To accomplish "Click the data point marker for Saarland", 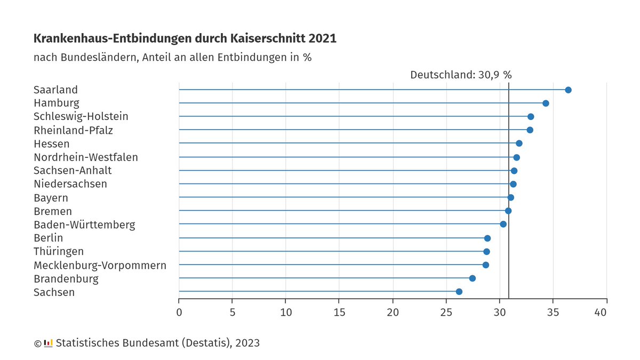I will click(568, 90).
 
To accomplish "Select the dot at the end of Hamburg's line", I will click(546, 103).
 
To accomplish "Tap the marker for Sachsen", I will click(459, 292).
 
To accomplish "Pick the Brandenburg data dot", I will click(472, 278).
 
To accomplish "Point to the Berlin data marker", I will click(487, 238).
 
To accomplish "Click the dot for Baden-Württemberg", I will click(503, 224).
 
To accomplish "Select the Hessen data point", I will click(519, 143).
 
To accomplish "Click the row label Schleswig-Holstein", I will click(81, 116).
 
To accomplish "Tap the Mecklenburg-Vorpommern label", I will click(100, 265).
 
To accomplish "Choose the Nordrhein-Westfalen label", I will click(85, 157).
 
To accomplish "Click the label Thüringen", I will click(58, 251).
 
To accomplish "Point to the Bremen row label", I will click(52, 211).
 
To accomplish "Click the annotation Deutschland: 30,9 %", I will click(460, 75).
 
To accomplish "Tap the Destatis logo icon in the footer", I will click(48, 343).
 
